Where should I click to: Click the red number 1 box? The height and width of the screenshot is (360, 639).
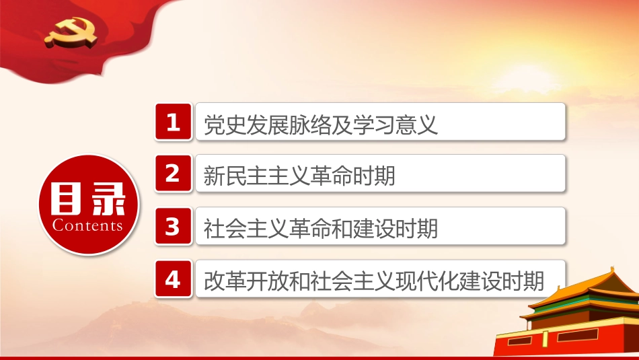(x=174, y=122)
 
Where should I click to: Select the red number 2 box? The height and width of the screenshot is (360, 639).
(x=174, y=174)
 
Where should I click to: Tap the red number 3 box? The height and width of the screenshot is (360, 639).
(x=174, y=226)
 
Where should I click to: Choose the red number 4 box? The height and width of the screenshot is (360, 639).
(x=174, y=279)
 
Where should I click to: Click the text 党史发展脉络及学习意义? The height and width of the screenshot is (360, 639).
(x=320, y=124)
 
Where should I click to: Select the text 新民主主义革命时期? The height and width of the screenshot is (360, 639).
(x=299, y=176)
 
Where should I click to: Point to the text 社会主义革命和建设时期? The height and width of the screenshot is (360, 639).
(x=320, y=229)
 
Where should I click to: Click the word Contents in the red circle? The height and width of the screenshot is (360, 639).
(x=87, y=225)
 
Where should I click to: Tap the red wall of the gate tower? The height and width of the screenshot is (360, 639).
(x=572, y=343)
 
